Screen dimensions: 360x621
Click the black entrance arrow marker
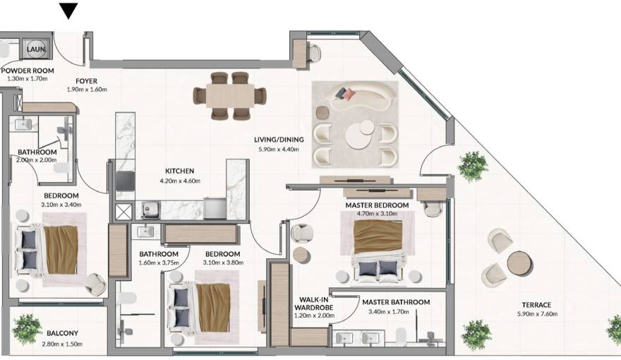click(68, 11)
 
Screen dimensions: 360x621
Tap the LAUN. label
click(36, 50)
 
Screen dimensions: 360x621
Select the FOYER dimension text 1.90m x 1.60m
click(86, 90)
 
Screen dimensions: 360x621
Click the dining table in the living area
click(230, 95)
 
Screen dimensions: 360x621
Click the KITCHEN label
click(179, 171)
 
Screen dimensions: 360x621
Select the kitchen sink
click(149, 208)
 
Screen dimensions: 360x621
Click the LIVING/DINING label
click(279, 140)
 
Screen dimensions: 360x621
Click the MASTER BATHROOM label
click(395, 302)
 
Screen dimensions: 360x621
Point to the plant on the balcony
click(27, 328)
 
